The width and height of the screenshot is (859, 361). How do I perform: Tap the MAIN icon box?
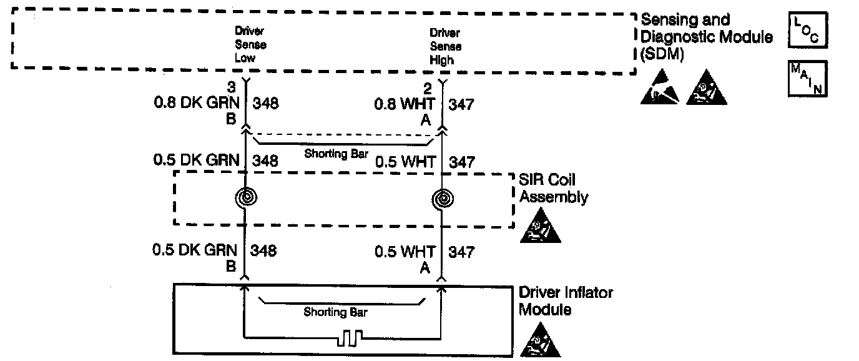808,79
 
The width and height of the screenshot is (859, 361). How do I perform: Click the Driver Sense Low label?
250,44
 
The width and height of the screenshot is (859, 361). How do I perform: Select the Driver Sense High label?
445,47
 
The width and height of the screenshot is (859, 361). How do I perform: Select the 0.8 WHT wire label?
405,104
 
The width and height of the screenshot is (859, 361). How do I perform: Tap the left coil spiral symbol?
245,197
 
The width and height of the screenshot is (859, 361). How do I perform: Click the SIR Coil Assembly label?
553,189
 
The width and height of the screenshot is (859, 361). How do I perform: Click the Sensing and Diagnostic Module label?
705,37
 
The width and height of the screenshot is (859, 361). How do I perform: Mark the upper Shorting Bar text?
335,154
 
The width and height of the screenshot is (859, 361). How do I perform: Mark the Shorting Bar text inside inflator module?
335,312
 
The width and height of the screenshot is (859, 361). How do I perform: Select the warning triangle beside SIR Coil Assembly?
540,226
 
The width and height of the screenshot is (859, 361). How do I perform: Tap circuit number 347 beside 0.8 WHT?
461,104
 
